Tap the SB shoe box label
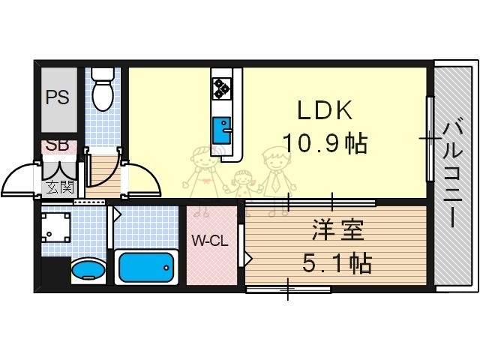click(x=56, y=145)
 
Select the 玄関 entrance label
click(x=59, y=187)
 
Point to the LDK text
click(x=324, y=111)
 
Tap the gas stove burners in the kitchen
click(x=222, y=88)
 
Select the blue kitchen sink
click(x=223, y=130)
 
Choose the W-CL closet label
click(x=210, y=241)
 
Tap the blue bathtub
click(x=146, y=266)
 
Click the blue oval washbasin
click(x=88, y=269)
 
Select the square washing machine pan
click(x=55, y=229)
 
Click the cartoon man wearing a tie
click(x=274, y=173)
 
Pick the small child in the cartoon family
click(x=241, y=185)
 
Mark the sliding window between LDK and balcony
click(x=430, y=139)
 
